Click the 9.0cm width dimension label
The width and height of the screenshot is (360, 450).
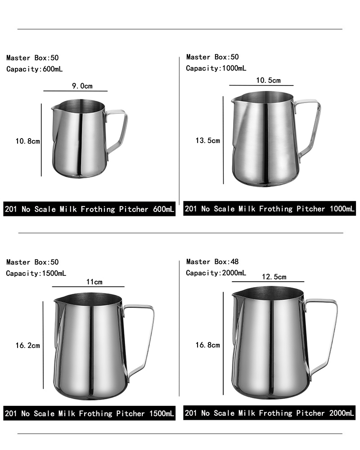pos(82,86)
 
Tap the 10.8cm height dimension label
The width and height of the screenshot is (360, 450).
pos(27,141)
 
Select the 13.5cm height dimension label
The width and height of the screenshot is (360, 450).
pos(207,140)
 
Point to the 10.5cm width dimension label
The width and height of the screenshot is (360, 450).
pos(268,80)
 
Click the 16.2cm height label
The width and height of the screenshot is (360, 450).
pos(27,345)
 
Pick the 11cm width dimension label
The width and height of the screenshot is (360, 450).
pos(94,282)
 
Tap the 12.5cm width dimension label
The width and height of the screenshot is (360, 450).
pos(274,277)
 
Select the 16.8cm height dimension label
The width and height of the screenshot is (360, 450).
pos(207,345)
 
